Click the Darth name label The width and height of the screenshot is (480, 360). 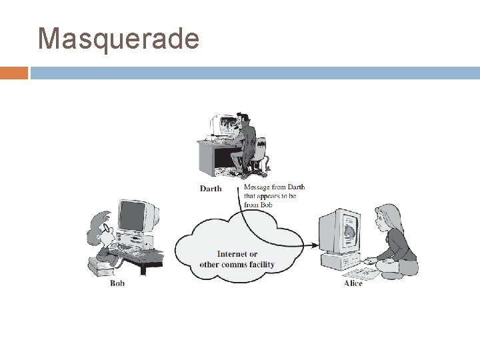point(211,189)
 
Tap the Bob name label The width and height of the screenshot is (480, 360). point(117,283)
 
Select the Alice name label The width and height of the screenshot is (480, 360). point(353,283)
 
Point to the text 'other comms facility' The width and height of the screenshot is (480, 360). point(237,264)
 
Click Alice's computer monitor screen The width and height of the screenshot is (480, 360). point(347,231)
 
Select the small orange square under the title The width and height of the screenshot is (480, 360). point(14,72)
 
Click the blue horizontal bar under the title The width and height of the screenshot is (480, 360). point(254,72)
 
